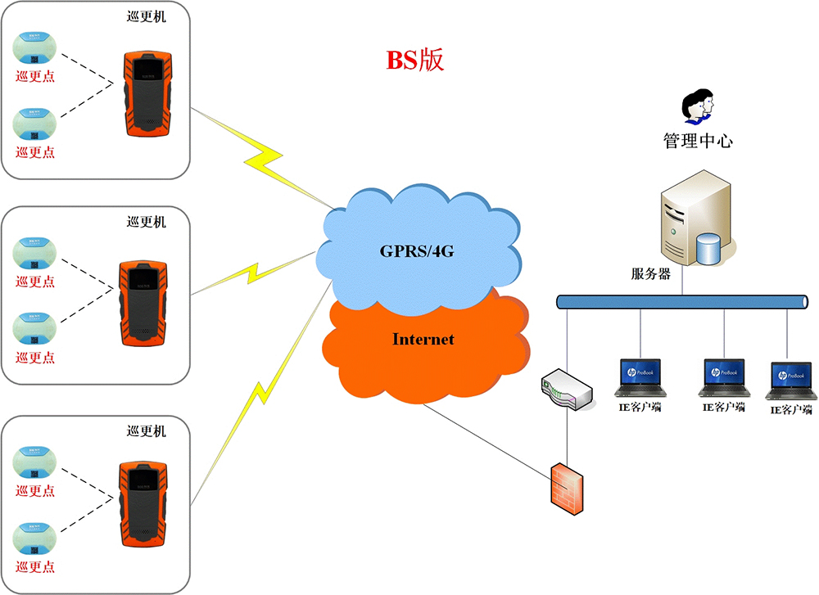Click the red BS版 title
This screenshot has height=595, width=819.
[414, 60]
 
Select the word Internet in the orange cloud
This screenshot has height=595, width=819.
[423, 339]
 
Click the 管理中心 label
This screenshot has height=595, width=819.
[698, 141]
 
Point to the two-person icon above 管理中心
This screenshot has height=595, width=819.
[699, 104]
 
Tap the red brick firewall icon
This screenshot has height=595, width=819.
[567, 489]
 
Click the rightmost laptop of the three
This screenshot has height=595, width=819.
[791, 381]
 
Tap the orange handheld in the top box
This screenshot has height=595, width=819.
[149, 94]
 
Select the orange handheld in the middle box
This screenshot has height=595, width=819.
[143, 304]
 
